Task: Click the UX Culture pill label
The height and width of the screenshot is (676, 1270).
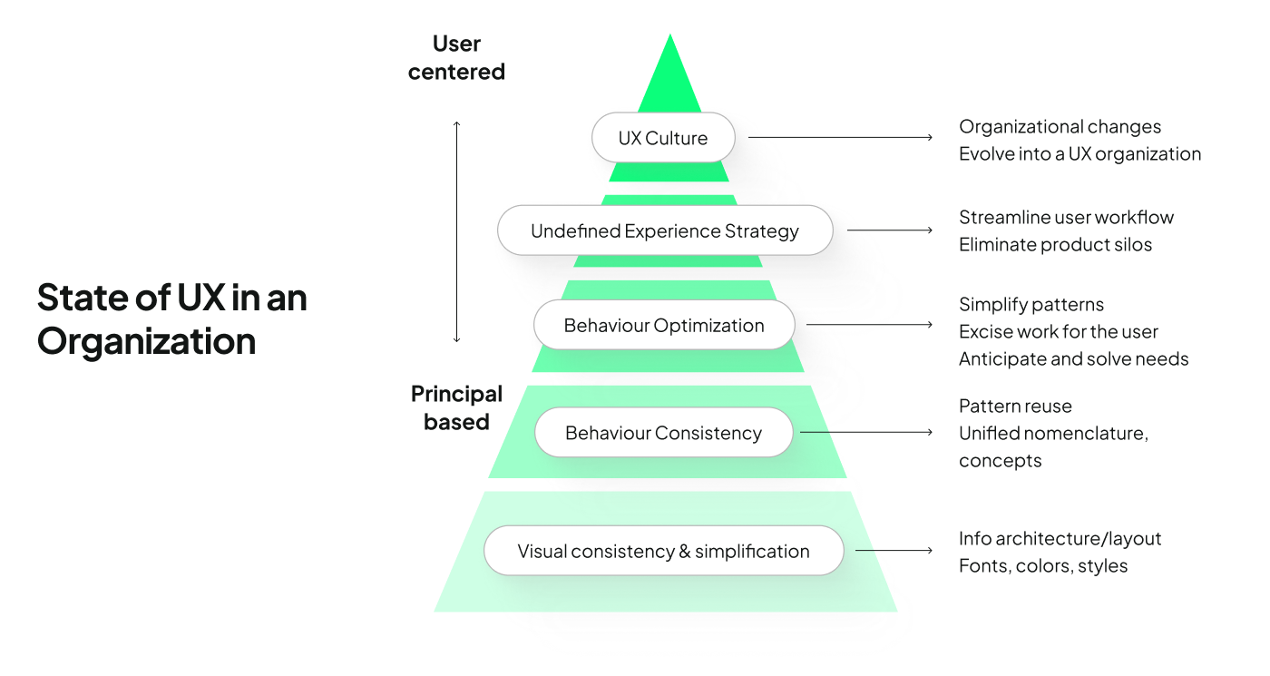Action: click(663, 138)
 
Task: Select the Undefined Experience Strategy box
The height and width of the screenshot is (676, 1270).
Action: click(665, 230)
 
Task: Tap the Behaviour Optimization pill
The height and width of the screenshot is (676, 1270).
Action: click(664, 326)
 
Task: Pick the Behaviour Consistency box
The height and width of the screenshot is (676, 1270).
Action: click(663, 433)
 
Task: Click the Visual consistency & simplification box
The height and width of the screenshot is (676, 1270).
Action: click(663, 551)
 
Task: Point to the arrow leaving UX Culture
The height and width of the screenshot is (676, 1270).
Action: click(840, 138)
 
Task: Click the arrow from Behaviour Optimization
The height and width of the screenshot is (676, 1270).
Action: click(869, 325)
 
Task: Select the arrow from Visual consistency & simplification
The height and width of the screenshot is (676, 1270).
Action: click(894, 551)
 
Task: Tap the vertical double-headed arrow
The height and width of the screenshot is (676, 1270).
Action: click(456, 231)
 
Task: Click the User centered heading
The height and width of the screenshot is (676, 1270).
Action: click(456, 57)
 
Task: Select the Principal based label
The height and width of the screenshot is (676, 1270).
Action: click(456, 407)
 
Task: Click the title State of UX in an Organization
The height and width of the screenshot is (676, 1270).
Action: click(172, 319)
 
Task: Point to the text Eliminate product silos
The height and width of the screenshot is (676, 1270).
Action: click(1055, 245)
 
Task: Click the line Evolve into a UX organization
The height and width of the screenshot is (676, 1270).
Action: click(1079, 154)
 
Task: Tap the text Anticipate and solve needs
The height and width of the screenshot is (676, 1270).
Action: click(1073, 359)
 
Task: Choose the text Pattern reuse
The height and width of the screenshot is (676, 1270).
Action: click(1015, 407)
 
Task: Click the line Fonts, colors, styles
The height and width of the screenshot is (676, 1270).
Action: click(1043, 566)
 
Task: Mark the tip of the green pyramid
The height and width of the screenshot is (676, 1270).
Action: click(669, 39)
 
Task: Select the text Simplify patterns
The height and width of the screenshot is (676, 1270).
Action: click(1031, 305)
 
